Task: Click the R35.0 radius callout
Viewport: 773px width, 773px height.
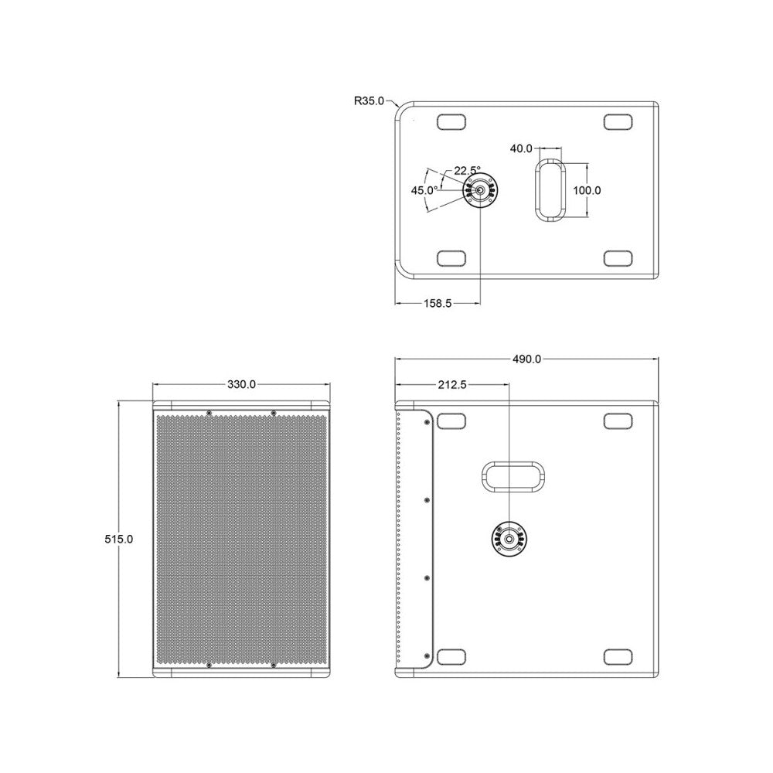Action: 369,101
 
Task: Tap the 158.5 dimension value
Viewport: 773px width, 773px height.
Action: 438,304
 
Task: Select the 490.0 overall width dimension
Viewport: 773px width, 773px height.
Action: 526,359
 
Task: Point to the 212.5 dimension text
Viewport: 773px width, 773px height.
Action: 452,384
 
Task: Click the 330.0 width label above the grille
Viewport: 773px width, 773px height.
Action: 241,384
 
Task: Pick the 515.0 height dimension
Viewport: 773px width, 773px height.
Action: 119,540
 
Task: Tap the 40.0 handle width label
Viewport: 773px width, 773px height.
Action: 521,148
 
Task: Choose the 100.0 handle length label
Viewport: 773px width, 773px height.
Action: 587,190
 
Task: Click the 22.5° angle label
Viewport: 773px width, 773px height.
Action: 467,171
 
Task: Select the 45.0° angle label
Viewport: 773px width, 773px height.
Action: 424,190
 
